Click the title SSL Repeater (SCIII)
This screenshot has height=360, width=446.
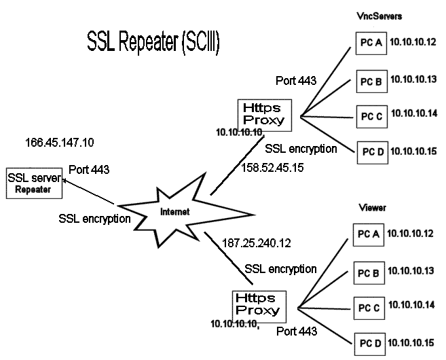(x=153, y=41)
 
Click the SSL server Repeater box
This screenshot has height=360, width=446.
(x=33, y=183)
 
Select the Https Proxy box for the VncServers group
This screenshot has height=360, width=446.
(x=261, y=114)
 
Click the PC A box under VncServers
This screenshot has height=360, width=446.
(x=370, y=45)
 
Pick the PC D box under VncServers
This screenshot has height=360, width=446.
(x=370, y=151)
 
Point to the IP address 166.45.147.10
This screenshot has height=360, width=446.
(x=60, y=143)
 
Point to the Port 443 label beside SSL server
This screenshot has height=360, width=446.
(x=89, y=169)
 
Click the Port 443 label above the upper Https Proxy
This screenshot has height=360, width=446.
(x=296, y=81)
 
